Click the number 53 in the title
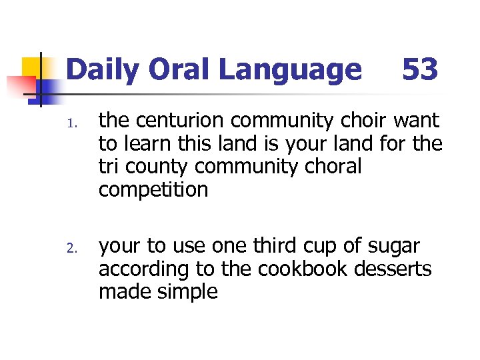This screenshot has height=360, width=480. [419, 69]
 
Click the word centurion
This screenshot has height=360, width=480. [176, 121]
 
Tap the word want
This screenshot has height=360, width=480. [417, 121]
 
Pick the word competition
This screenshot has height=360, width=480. [153, 190]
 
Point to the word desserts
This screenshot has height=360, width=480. [395, 269]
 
